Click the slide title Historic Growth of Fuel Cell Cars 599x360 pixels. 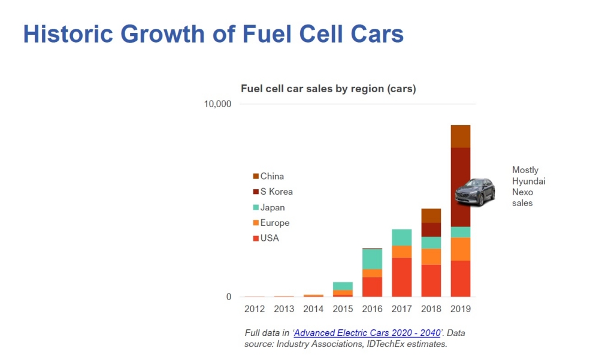(x=213, y=35)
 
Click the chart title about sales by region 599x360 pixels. (x=328, y=89)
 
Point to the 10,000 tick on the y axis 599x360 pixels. (x=217, y=104)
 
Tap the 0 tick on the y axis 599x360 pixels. (x=228, y=297)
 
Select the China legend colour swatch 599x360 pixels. (x=256, y=177)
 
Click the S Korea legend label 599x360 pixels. (x=276, y=192)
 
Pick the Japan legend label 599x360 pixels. (x=273, y=207)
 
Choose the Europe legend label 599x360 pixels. (x=275, y=223)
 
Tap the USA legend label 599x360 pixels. (x=270, y=238)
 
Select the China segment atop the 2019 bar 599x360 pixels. (x=461, y=137)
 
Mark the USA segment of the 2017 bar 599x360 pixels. (x=401, y=277)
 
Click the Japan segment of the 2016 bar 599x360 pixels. (x=372, y=259)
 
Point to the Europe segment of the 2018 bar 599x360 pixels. (x=431, y=256)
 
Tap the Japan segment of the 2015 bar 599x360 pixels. (x=343, y=286)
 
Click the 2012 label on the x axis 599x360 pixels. (x=255, y=309)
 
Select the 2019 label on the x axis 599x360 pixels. (x=461, y=309)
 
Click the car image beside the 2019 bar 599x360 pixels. (x=475, y=192)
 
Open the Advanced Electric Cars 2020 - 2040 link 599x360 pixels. (x=368, y=333)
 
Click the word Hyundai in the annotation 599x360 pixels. (x=528, y=181)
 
